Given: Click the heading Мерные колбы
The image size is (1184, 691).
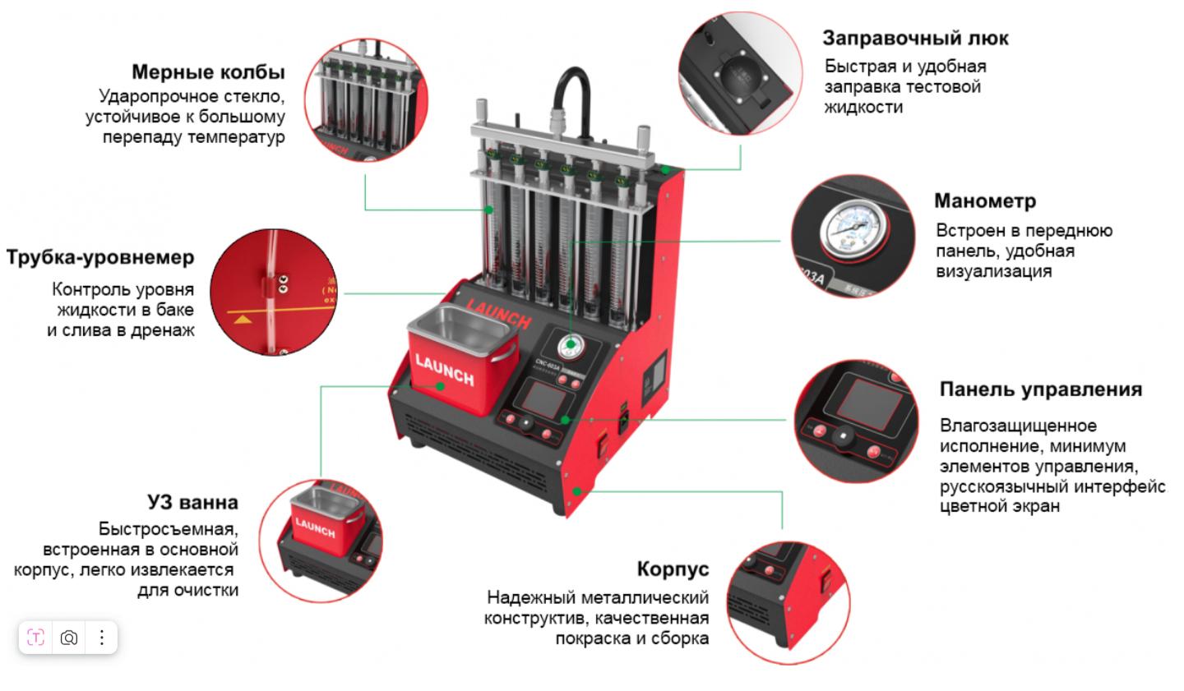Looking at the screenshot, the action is point(208,72).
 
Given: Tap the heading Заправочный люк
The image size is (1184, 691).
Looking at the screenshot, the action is point(915,39).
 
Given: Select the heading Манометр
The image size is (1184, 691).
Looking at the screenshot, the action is point(985,200).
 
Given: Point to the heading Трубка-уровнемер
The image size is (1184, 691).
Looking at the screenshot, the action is point(100,258).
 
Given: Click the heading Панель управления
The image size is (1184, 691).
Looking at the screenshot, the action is point(1041,390).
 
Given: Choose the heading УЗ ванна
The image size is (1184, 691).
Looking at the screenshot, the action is point(193,502).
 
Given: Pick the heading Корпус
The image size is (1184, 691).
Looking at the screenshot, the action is point(673,569).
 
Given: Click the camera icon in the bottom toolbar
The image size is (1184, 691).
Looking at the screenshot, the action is point(69,638).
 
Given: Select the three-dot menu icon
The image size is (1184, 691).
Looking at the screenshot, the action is point(101,638).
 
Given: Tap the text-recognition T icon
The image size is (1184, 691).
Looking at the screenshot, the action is point(35,638).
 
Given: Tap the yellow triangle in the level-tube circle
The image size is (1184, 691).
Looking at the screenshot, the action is point(243,320).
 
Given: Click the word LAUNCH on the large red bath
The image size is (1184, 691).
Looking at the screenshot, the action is point(445,370).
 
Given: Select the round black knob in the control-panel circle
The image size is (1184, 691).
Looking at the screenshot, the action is point(843,436).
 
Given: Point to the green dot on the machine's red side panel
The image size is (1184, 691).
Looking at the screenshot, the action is point(577,491).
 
